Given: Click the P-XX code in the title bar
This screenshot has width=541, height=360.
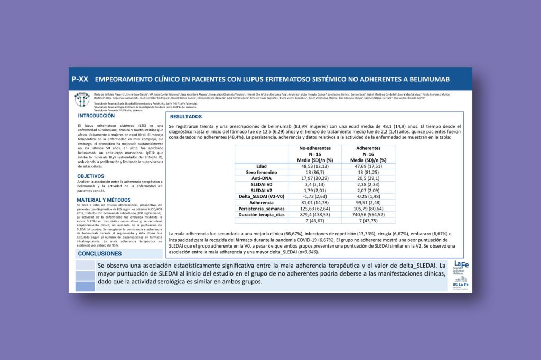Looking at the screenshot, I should [80, 79].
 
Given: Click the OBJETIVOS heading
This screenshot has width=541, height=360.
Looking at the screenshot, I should [91, 176].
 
